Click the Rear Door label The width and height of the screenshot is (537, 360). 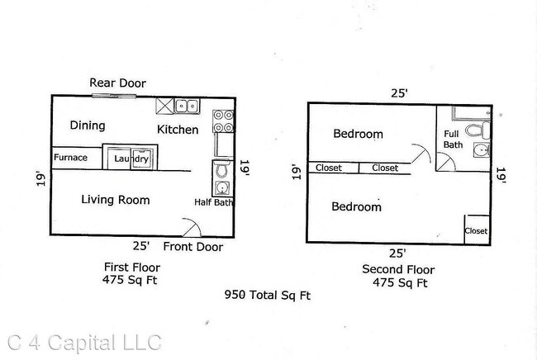[118, 83]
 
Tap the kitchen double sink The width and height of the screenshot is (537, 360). [187, 106]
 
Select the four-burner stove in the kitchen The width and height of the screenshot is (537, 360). [223, 121]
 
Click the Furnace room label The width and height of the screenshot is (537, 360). [70, 158]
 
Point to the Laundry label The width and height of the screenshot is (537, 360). [131, 159]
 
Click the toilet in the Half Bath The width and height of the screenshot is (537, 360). [221, 169]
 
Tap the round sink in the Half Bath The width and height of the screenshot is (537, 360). [222, 188]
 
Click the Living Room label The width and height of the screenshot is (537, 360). [116, 200]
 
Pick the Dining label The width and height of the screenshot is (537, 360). [88, 126]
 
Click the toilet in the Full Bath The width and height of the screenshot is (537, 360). [478, 130]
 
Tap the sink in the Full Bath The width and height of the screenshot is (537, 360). [482, 150]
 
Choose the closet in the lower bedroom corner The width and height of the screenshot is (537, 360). [478, 230]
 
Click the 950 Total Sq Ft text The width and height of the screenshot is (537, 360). [268, 296]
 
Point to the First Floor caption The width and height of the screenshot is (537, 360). [132, 268]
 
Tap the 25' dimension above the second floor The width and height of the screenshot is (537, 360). [399, 93]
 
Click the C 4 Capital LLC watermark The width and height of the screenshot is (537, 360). [84, 343]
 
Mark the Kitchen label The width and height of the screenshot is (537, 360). [178, 130]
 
